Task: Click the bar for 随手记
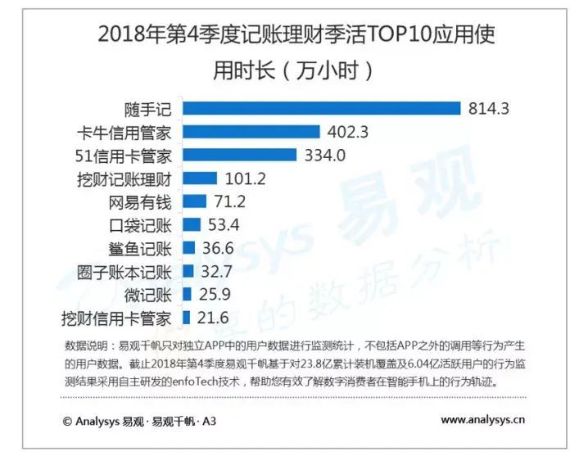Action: tap(322, 108)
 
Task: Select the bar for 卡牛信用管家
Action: tap(251, 132)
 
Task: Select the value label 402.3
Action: tap(347, 132)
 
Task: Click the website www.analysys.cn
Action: tap(483, 421)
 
